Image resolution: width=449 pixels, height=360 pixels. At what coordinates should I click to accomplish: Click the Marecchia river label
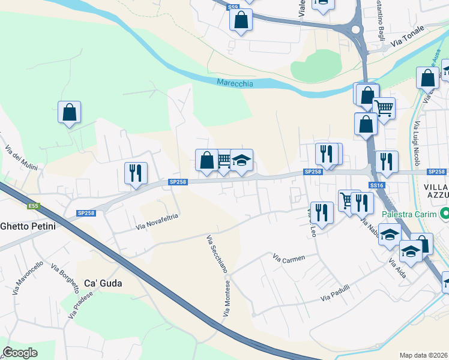(235, 83)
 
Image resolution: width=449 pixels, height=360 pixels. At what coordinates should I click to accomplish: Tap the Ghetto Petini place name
(28, 226)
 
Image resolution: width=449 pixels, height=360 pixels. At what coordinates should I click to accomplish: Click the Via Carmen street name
(289, 258)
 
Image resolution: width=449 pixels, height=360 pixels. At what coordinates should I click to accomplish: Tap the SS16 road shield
(376, 186)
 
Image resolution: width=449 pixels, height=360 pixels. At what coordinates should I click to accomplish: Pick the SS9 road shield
(233, 7)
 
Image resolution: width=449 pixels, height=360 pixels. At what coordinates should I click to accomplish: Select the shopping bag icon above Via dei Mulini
(70, 112)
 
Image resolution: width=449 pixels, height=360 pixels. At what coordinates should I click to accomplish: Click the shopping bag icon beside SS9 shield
(241, 20)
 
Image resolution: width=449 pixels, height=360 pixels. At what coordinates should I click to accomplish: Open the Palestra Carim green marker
(444, 214)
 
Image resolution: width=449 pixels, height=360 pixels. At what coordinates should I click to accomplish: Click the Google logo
(20, 353)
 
